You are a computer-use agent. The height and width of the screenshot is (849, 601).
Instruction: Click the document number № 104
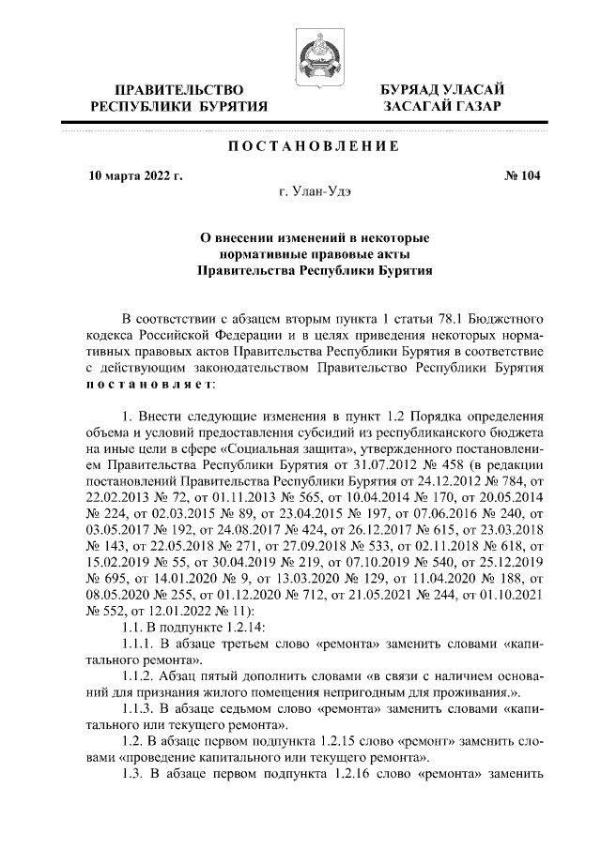[523, 174]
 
